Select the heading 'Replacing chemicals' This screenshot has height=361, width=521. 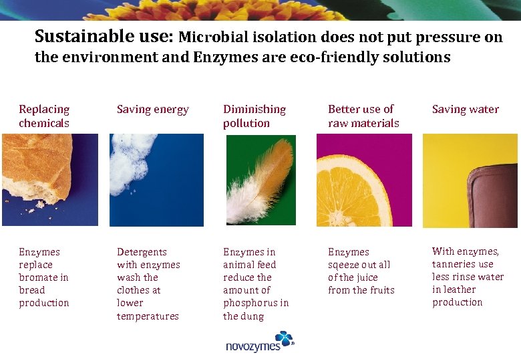(x=44, y=116)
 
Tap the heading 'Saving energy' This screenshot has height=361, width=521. (x=153, y=110)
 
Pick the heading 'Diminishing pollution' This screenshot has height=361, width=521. (x=254, y=116)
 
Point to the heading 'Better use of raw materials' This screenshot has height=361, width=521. (x=363, y=116)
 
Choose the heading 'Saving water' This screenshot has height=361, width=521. (x=466, y=110)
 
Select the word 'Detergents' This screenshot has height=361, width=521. (x=142, y=252)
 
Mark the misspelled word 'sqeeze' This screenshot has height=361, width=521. (x=343, y=265)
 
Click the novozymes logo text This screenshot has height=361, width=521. (x=253, y=346)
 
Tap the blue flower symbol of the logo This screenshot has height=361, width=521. (x=284, y=339)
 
